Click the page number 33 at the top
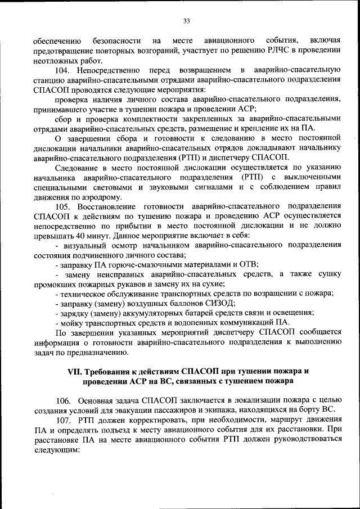pyautogui.click(x=186, y=21)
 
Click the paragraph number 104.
pyautogui.click(x=63, y=70)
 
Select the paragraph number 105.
pyautogui.click(x=63, y=206)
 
